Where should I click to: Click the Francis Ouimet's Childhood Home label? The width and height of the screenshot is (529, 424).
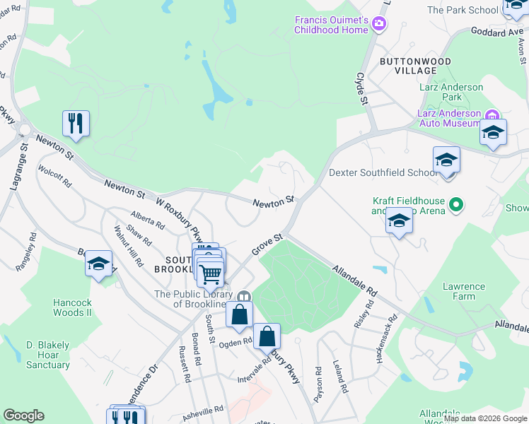point(332,25)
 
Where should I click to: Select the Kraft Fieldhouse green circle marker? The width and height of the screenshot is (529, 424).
point(456,206)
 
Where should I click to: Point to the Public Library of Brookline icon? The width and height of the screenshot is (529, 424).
point(244,296)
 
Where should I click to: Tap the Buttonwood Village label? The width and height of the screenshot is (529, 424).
point(408,66)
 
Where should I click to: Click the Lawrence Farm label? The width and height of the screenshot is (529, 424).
point(464,292)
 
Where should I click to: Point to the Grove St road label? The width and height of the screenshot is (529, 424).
point(268,245)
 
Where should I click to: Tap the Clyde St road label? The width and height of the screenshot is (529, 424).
point(363,88)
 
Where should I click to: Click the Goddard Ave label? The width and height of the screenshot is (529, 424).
point(491,32)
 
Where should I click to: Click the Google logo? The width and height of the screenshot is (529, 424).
point(23,416)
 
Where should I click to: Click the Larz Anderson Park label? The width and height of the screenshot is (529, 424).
point(450,92)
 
